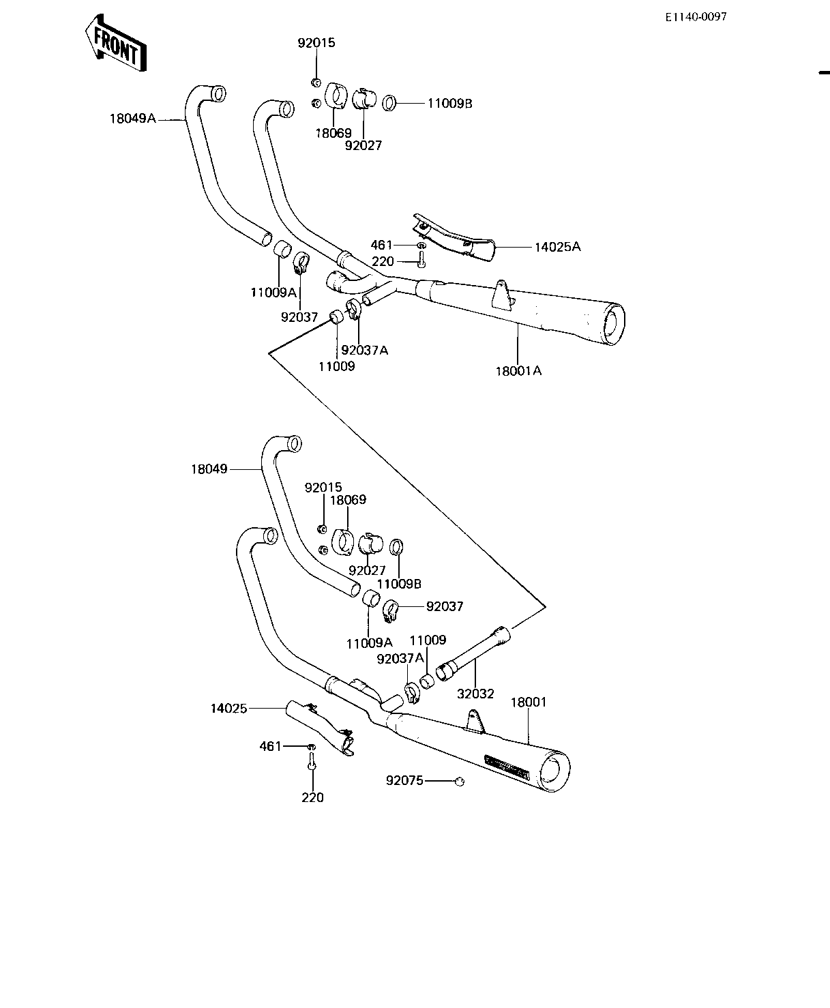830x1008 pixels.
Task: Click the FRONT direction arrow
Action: click(116, 44)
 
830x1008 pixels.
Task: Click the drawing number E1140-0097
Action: click(696, 17)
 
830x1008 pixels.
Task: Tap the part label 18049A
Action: click(133, 119)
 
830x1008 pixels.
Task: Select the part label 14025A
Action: click(558, 247)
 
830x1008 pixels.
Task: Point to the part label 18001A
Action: click(518, 371)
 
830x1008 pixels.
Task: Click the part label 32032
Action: click(475, 694)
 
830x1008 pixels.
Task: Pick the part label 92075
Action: click(404, 780)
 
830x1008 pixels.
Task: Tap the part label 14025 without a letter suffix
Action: click(229, 708)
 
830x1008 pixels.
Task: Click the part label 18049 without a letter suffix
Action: click(209, 469)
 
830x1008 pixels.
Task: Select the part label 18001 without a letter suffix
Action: click(529, 702)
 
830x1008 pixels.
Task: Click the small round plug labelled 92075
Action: click(460, 781)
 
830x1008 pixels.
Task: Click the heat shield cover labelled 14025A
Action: click(454, 239)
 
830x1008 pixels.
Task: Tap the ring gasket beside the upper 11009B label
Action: click(389, 103)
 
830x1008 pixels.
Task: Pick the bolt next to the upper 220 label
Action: click(421, 260)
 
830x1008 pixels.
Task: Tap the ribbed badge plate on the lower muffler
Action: click(507, 767)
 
